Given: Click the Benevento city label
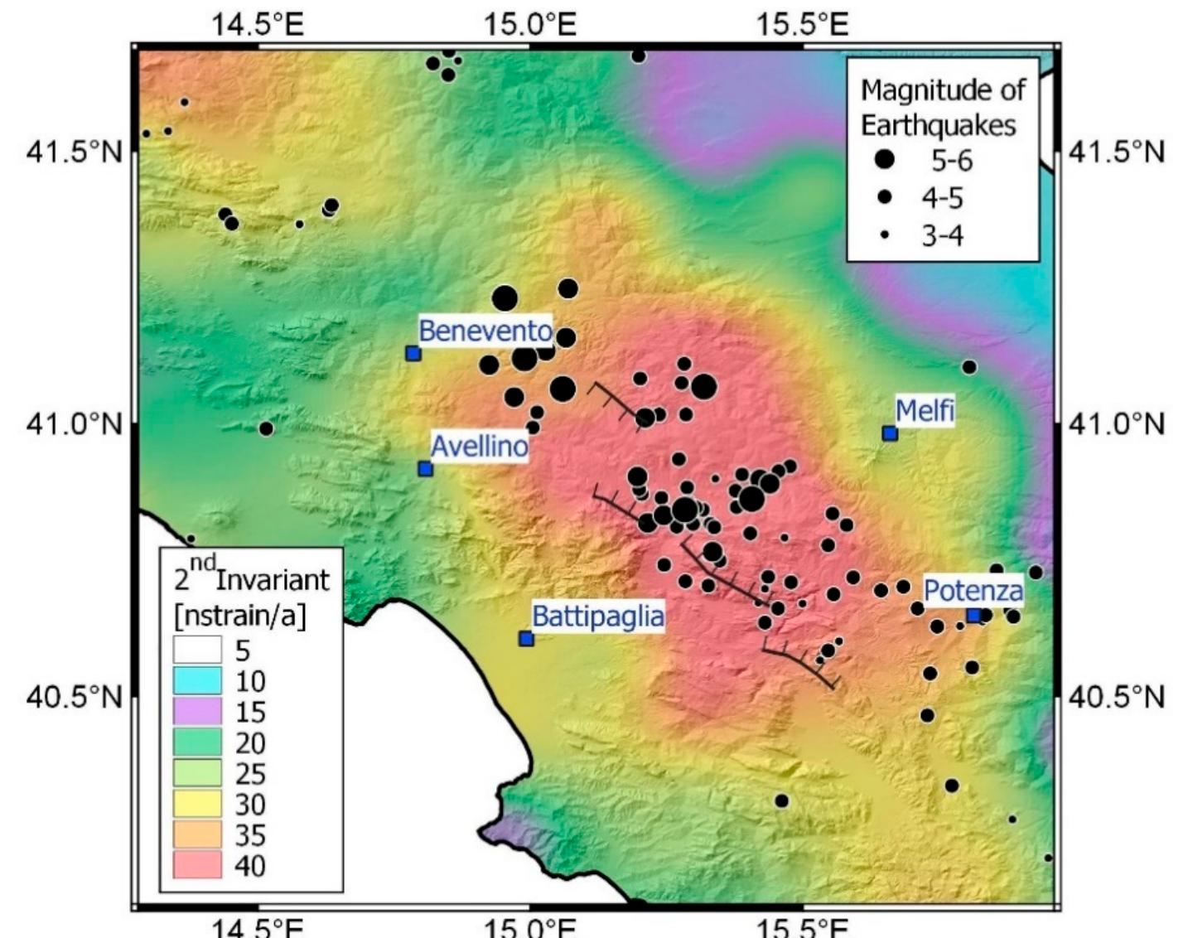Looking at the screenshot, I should point(485,331).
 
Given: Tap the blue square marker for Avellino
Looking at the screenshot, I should point(425,469).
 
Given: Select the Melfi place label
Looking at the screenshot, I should point(925,409).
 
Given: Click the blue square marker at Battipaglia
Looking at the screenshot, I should point(525,639).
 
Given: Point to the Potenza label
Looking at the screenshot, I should point(973,591).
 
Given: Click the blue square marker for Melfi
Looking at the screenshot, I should point(890,433).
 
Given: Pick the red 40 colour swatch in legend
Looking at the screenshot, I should point(197,865).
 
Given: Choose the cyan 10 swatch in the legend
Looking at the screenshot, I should point(197,681).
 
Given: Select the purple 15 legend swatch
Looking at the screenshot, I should point(197,712).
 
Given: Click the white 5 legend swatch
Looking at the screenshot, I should point(197,650).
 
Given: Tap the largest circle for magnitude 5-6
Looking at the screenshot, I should point(885,159).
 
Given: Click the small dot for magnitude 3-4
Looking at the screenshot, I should point(885,235).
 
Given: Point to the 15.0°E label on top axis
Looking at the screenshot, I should point(530,24).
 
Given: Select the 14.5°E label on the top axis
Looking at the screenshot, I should point(258,24).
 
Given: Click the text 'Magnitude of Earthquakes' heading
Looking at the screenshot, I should point(942,107).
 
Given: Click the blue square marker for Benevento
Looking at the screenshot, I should point(413,354).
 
